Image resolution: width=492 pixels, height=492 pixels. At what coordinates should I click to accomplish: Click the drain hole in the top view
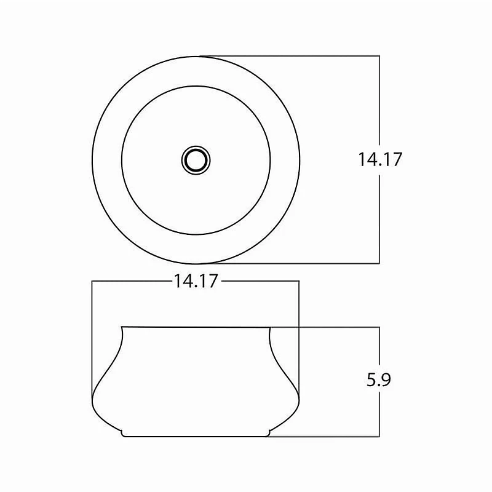196,161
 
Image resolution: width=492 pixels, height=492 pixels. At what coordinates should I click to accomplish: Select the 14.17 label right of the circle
380,159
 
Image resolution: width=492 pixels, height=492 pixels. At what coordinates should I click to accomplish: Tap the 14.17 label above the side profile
196,281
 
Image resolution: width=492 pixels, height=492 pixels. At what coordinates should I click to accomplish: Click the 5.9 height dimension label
379,379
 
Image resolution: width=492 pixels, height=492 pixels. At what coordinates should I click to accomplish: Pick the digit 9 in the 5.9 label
386,379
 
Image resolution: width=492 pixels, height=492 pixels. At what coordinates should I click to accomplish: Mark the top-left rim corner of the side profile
122,327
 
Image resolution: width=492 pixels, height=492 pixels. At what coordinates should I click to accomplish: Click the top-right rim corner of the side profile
270,328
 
